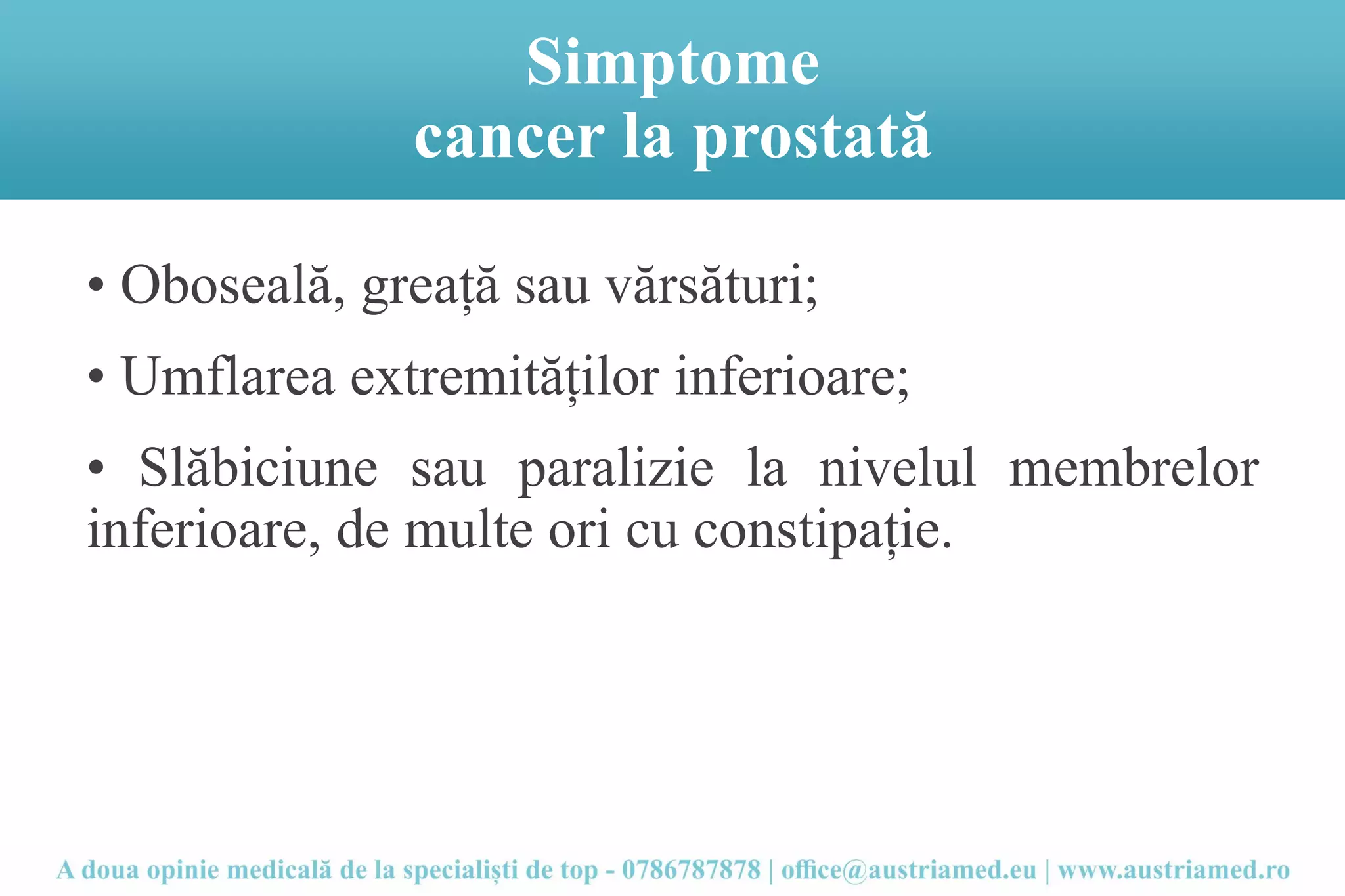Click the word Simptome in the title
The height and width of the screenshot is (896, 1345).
(x=672, y=63)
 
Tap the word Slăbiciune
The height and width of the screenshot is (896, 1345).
(x=258, y=469)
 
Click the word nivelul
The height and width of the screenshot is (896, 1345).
(x=897, y=469)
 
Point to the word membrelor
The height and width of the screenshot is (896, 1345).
(x=1134, y=469)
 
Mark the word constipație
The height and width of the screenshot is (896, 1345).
(x=822, y=531)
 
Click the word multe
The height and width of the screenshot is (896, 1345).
(x=468, y=530)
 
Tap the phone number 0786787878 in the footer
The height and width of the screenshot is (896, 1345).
(x=691, y=870)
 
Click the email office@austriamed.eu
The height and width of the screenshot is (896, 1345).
(x=908, y=870)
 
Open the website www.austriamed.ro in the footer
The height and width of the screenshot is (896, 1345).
(x=1174, y=870)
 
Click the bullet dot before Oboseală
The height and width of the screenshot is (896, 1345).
(x=96, y=286)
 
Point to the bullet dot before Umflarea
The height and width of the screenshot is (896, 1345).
(x=96, y=377)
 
